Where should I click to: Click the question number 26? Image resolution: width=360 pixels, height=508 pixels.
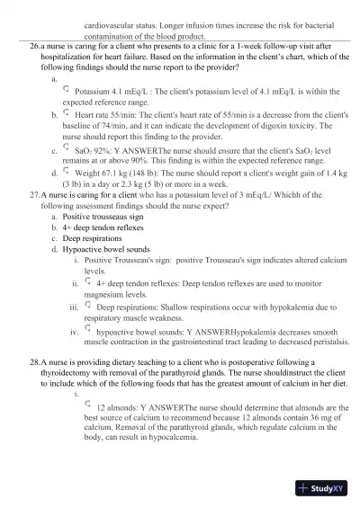click(35, 43)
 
